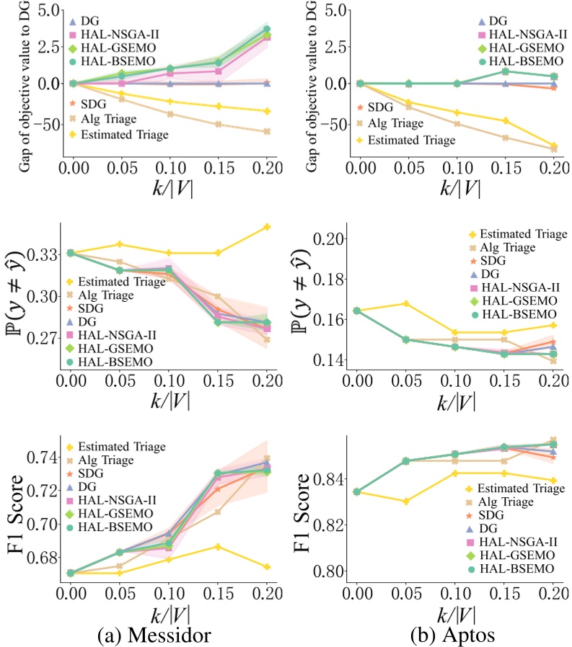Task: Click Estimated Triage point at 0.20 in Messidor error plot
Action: [x=267, y=227]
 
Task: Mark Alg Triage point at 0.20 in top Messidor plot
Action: [x=267, y=132]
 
